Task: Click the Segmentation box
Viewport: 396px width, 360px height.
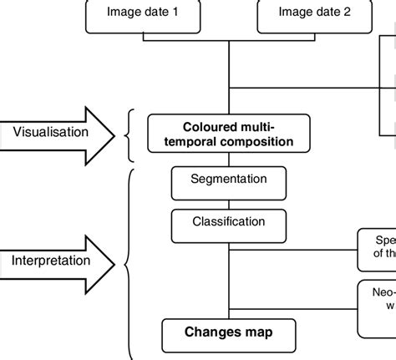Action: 229,180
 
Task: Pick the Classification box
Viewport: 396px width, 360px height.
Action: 229,224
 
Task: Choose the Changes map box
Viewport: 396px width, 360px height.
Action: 229,332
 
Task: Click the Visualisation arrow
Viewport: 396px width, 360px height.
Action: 58,131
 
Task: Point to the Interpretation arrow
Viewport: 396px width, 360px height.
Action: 58,261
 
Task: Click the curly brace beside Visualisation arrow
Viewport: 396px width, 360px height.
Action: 129,134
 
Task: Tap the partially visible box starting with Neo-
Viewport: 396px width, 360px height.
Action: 377,304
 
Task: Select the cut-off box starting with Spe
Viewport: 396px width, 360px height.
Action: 377,249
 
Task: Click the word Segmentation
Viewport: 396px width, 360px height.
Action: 229,179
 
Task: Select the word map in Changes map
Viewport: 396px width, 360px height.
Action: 258,332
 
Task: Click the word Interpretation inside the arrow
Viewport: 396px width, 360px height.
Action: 51,261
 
